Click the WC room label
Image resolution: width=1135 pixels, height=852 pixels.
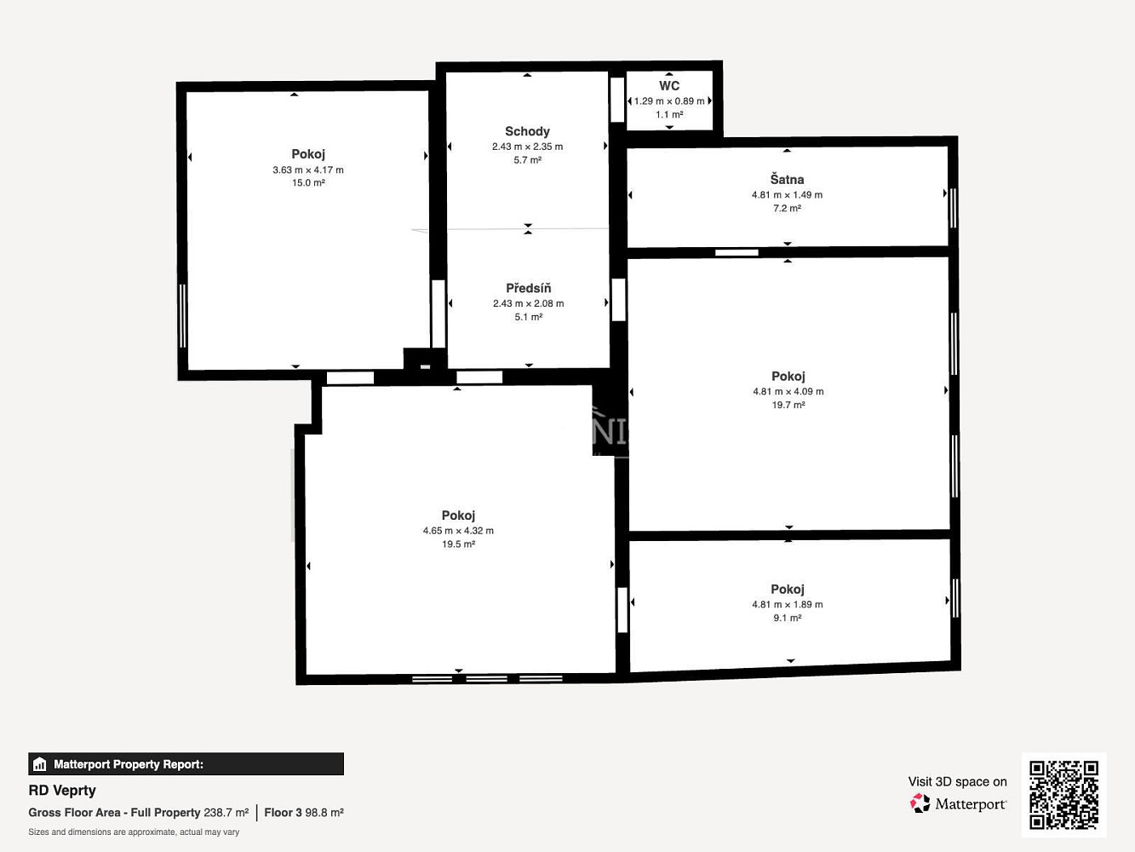[669, 86]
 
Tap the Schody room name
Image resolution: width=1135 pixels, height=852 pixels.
[527, 131]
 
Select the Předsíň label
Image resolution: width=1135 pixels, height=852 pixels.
[529, 288]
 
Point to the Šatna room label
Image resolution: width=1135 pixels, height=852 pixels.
[787, 180]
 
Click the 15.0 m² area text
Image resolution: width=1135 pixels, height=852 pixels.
[308, 182]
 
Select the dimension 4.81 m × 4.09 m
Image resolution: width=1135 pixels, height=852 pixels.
[788, 392]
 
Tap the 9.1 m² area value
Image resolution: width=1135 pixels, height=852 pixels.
[788, 618]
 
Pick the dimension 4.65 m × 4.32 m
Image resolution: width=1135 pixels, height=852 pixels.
[458, 531]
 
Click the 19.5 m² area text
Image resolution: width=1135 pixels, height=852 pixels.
[458, 544]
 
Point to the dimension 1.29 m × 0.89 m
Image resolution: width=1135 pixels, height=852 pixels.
[669, 101]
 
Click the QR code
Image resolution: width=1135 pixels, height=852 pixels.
[1063, 795]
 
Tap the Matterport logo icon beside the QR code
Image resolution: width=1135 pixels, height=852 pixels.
[920, 803]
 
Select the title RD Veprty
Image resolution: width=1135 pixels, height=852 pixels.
[62, 791]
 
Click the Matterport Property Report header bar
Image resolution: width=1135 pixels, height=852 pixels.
[186, 764]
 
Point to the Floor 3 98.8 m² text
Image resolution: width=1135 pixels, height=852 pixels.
[304, 813]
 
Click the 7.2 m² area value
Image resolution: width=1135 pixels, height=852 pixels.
[787, 209]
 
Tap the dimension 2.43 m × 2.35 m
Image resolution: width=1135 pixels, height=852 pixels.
[527, 147]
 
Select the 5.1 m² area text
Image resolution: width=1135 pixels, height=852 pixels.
[529, 317]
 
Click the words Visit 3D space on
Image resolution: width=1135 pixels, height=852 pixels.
[958, 781]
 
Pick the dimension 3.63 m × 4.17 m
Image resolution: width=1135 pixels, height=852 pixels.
[308, 170]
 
